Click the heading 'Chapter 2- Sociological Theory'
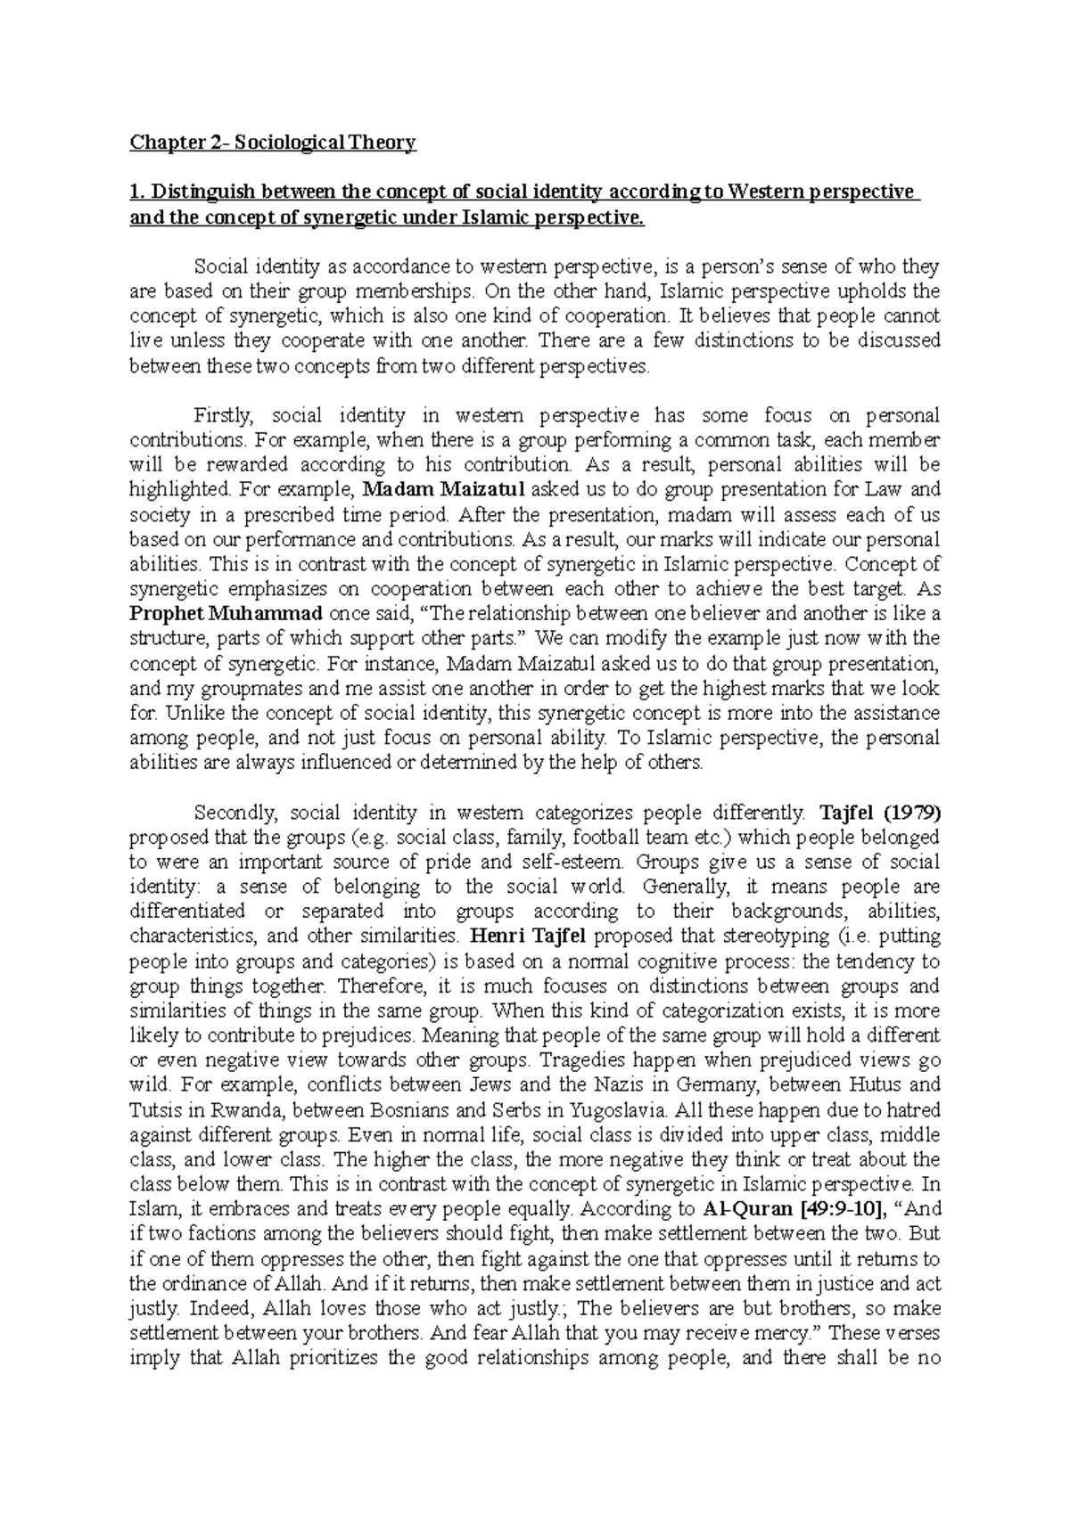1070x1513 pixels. [x=273, y=143]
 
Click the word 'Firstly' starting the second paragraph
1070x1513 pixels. [x=225, y=415]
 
